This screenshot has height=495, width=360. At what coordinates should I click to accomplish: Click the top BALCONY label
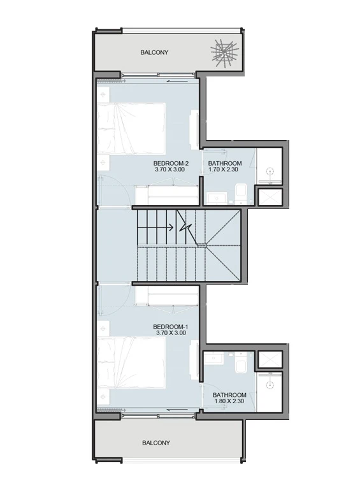tap(154, 52)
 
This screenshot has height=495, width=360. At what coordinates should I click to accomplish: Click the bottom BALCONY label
tap(156, 443)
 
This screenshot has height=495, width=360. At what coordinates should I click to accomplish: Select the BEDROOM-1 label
tap(171, 327)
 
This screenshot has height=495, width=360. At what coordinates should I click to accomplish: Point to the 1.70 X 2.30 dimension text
tap(223, 169)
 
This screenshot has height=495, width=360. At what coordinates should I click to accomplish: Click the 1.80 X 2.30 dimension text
tap(229, 401)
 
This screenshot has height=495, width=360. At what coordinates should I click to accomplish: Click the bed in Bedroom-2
tap(131, 128)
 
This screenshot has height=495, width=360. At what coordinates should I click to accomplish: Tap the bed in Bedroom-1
tap(131, 362)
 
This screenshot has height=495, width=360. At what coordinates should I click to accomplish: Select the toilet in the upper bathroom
tap(241, 194)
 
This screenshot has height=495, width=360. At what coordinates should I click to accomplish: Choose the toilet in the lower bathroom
tap(241, 363)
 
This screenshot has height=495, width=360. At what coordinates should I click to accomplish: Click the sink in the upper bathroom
tap(217, 199)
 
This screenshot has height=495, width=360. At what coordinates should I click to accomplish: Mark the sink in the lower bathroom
tap(213, 358)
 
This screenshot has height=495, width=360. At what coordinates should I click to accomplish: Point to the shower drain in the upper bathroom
tap(270, 171)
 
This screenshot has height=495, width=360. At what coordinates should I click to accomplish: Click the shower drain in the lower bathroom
tap(269, 385)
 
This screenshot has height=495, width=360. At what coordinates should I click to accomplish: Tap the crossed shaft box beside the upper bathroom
tap(270, 197)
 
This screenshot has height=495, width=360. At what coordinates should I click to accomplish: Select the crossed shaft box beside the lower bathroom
tap(270, 359)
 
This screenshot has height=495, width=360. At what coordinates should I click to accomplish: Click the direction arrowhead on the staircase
tap(171, 227)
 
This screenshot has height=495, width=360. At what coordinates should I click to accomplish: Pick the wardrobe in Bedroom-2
tap(167, 195)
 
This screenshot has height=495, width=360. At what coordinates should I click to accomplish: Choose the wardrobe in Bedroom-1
tap(167, 296)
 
